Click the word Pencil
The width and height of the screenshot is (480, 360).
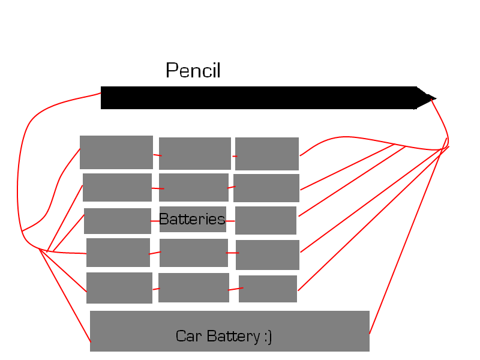click(193, 71)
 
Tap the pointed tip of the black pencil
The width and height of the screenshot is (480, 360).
click(434, 98)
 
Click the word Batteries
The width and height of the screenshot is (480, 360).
click(192, 219)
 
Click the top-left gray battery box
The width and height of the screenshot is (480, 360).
click(116, 152)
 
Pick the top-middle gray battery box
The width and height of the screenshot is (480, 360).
click(194, 153)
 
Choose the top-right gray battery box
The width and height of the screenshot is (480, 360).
click(266, 154)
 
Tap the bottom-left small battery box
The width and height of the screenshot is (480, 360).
click(119, 287)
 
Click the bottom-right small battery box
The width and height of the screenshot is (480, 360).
click(268, 289)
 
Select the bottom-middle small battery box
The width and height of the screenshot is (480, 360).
click(193, 287)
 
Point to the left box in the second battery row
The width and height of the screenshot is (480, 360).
click(117, 187)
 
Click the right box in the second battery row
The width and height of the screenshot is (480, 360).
click(266, 188)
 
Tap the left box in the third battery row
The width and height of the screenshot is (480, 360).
click(117, 221)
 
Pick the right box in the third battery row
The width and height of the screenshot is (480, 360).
click(265, 220)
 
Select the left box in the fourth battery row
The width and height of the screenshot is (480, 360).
click(118, 252)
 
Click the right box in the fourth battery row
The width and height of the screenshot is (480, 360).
click(267, 254)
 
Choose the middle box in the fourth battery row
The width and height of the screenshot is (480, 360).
click(193, 253)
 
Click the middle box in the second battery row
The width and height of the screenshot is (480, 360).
click(193, 187)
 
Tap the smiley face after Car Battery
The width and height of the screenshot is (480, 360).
click(267, 337)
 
